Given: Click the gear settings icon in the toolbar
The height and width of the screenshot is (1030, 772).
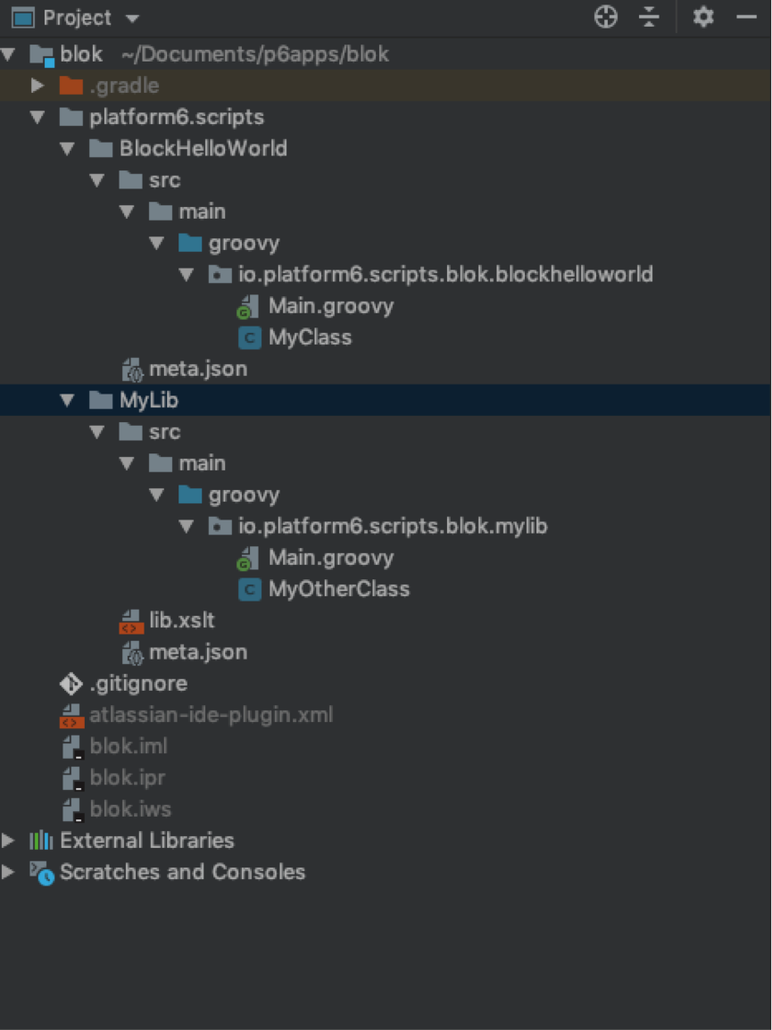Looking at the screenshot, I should coord(703,17).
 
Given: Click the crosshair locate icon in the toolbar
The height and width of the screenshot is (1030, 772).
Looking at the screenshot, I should coord(606,17).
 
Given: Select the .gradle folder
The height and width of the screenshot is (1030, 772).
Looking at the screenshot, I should coord(123,86).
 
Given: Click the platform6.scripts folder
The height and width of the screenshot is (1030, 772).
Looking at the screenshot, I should coord(176,117).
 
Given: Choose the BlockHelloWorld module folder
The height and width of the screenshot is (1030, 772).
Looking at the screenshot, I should coord(203,148).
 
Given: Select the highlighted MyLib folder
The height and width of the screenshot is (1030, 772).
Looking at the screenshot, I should coord(148,400).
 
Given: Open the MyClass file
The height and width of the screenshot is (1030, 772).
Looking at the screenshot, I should coord(309,337).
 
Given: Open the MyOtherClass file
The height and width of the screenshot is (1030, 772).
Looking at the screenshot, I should coord(338,589).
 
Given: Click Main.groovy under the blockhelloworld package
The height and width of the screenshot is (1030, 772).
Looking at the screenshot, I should coord(330,306).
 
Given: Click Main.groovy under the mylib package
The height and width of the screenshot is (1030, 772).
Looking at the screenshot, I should coord(330,558).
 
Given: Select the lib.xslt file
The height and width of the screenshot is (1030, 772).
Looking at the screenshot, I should coord(181,620).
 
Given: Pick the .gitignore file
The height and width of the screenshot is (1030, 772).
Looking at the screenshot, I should coord(138,684).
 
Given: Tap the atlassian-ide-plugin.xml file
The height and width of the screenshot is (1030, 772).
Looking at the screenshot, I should coord(211,715).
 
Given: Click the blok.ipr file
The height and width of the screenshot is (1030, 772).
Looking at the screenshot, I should coord(128,777).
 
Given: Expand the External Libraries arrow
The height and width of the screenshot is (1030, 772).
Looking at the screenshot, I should coord(8,841).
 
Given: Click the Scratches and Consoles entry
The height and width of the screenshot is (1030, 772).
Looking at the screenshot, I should coord(182,872).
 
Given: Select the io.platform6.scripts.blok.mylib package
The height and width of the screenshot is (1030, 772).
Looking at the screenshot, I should coord(392,527).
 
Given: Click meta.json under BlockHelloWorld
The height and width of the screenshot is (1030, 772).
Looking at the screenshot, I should coord(197,369).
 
